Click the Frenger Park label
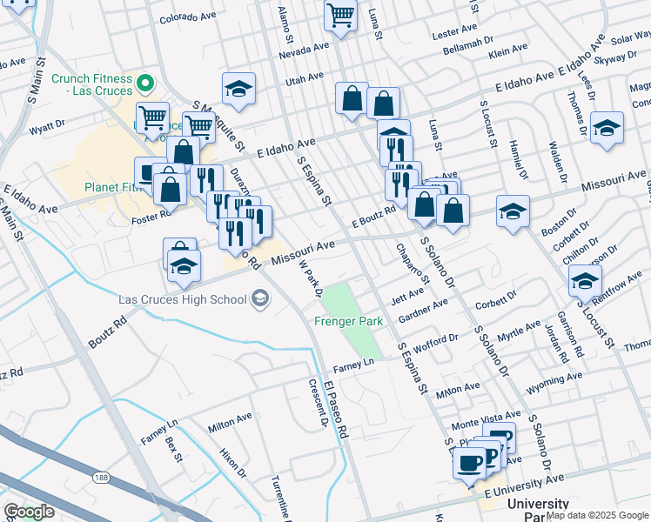(348, 322)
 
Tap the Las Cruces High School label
(182, 300)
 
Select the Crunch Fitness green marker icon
(146, 84)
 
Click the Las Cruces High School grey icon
(258, 299)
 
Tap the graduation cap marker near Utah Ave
(238, 90)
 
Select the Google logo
(29, 512)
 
